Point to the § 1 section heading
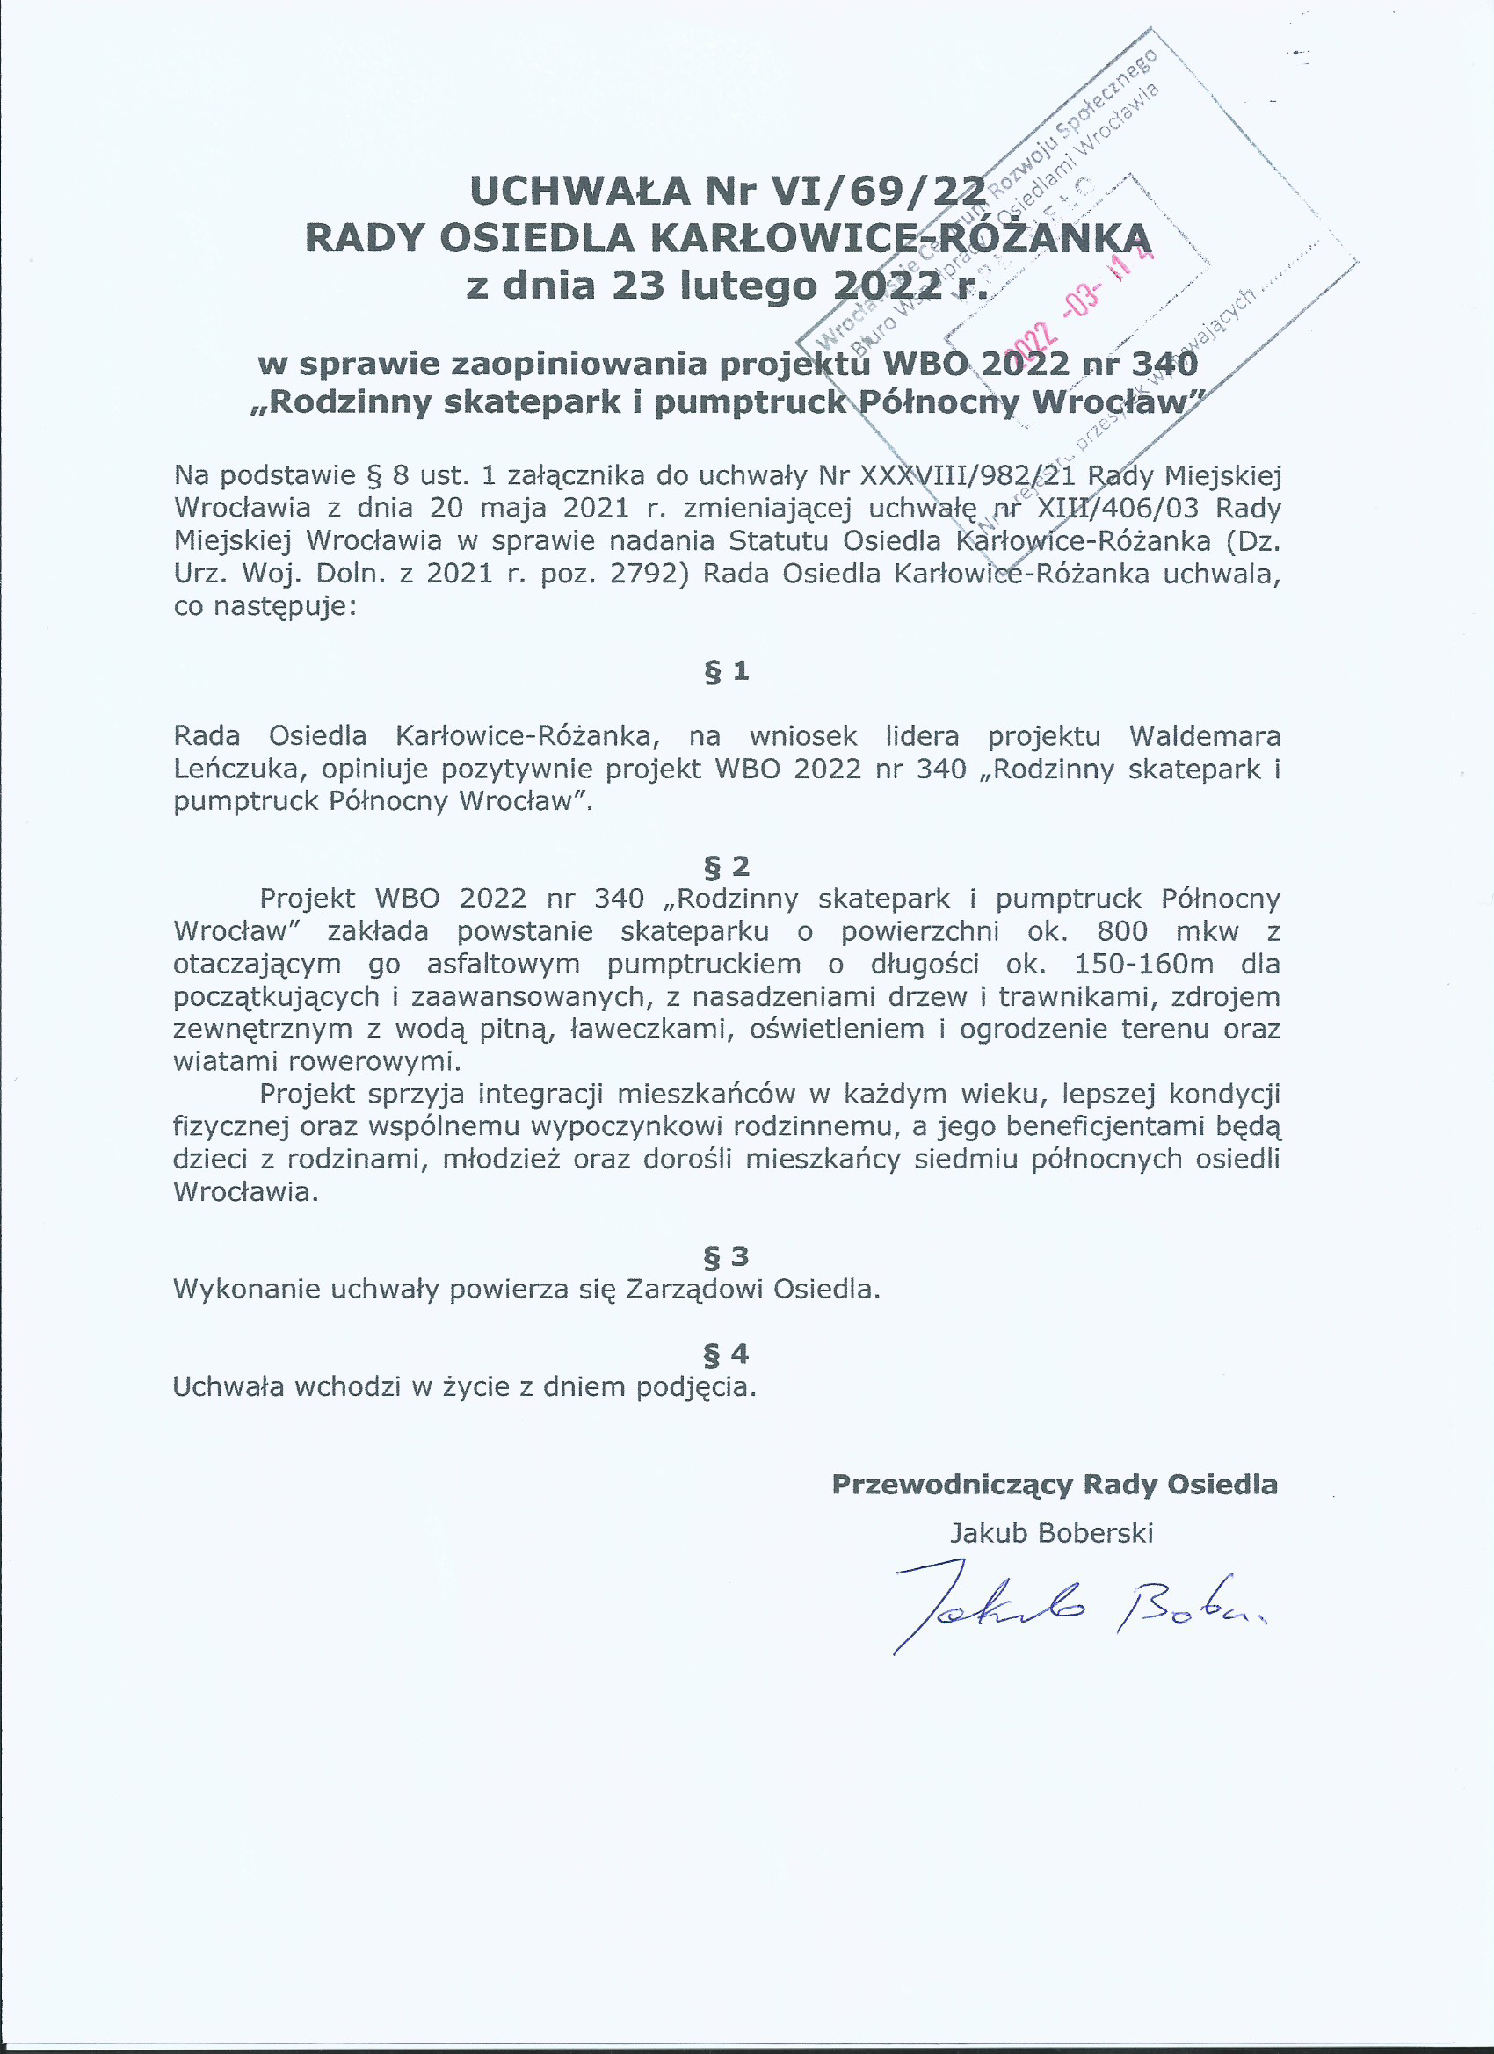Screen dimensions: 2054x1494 click(x=727, y=671)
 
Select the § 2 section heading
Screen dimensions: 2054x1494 click(x=727, y=867)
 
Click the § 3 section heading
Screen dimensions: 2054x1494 click(x=727, y=1256)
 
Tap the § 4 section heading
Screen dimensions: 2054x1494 click(x=727, y=1354)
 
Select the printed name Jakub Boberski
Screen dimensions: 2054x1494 click(x=1051, y=1532)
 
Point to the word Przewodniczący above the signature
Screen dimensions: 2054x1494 click(x=953, y=1485)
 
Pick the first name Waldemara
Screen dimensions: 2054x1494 click(x=1204, y=735)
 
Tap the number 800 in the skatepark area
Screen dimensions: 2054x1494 click(x=1121, y=931)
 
